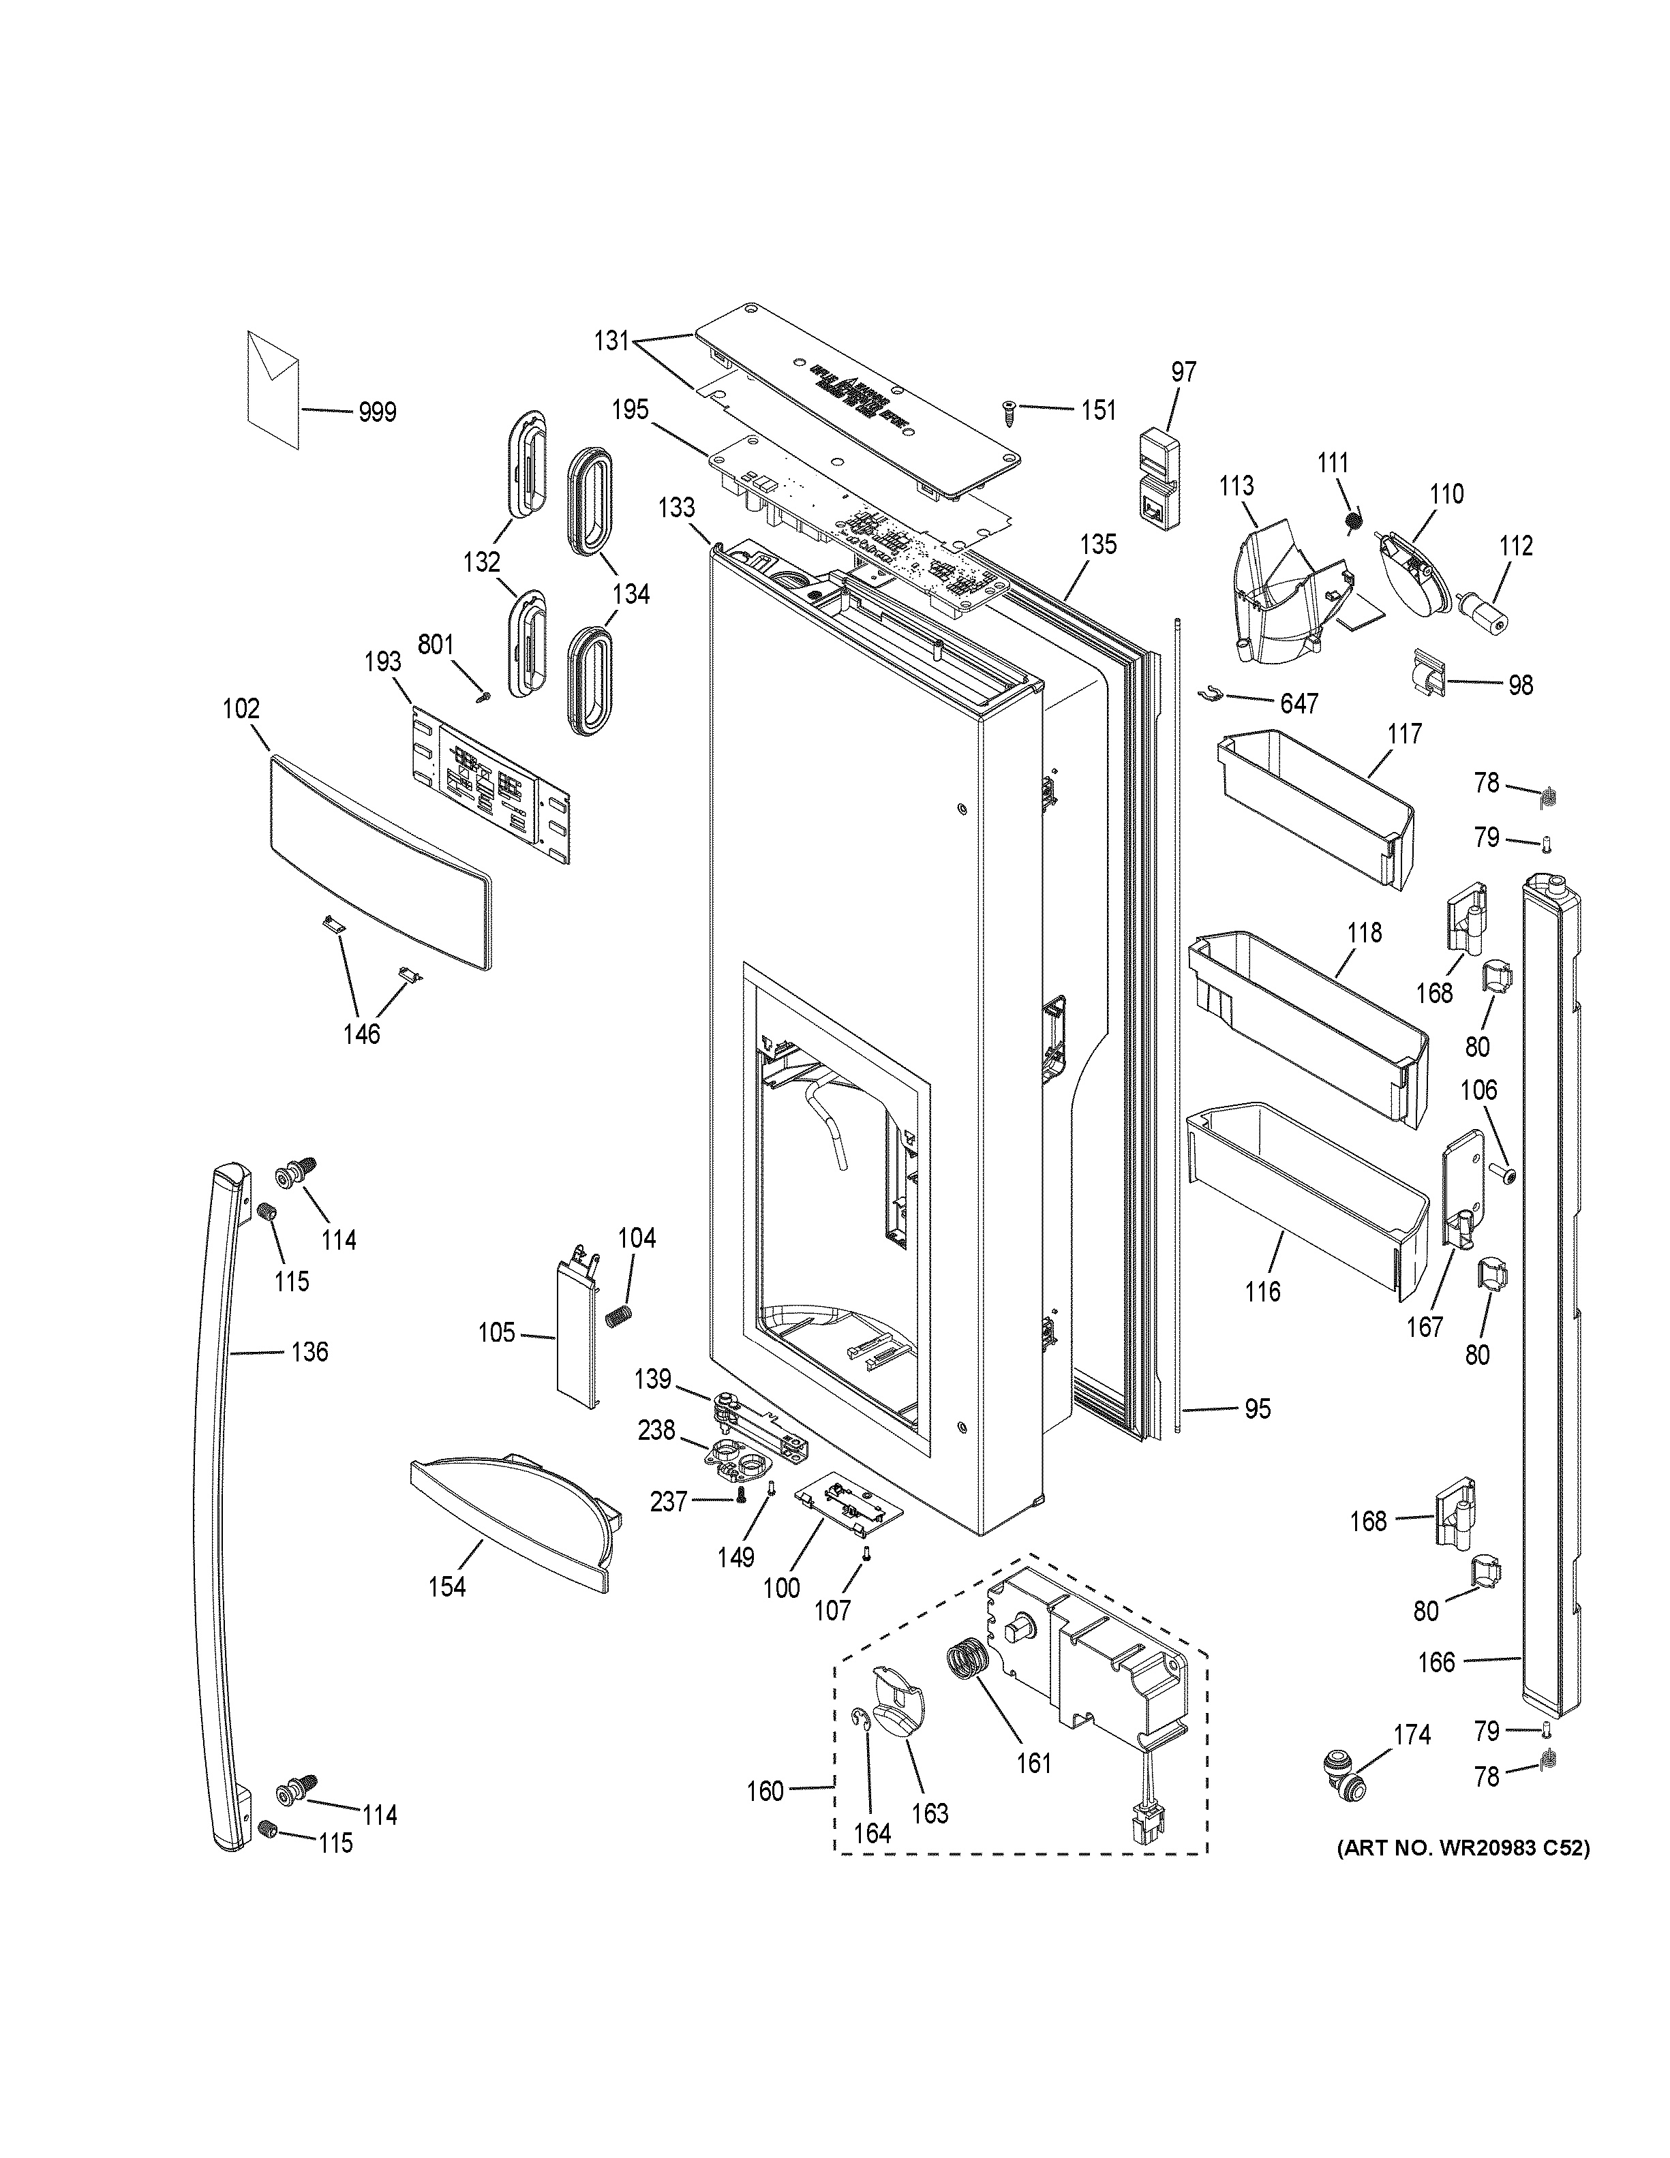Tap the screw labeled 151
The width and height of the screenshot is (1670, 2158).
click(1010, 412)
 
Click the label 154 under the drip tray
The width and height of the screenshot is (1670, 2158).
click(446, 1587)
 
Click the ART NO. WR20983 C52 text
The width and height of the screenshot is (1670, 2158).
click(1463, 1848)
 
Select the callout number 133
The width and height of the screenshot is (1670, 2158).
click(677, 508)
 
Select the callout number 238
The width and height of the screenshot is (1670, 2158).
click(656, 1430)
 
